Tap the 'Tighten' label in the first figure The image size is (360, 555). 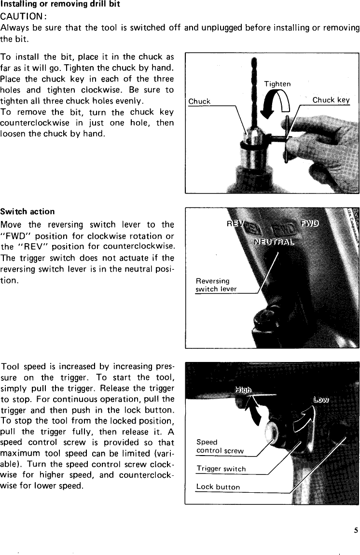point(277,84)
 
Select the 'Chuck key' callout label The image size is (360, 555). point(331,100)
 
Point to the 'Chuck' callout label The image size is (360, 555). point(199,101)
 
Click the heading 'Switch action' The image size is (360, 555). point(28,211)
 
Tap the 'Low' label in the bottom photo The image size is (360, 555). point(321,399)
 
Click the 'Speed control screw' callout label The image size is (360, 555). point(220,446)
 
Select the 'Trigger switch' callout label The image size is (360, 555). point(221,469)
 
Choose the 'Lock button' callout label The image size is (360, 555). point(218,487)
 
